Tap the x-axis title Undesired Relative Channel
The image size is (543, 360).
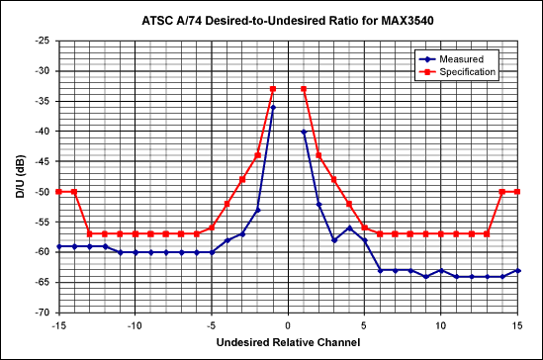[288, 343]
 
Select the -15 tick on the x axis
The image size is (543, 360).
[59, 323]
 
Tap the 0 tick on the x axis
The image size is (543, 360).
[288, 323]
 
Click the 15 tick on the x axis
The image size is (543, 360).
[517, 323]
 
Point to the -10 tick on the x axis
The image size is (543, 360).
[136, 323]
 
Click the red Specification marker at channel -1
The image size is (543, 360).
[273, 89]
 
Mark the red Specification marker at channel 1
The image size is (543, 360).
[304, 89]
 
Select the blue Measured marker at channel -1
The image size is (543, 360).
[273, 107]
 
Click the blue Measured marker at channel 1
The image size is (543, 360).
[304, 132]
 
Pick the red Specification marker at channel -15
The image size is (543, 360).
[59, 191]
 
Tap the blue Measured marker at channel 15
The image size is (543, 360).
[517, 270]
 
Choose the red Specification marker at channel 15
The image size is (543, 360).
[517, 191]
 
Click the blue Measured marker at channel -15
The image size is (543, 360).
[59, 245]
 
